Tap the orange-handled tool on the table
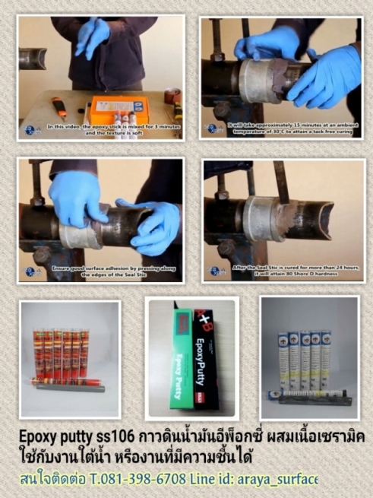tap(59, 107)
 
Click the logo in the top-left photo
tap(32, 130)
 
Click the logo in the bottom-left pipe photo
tap(32, 271)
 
